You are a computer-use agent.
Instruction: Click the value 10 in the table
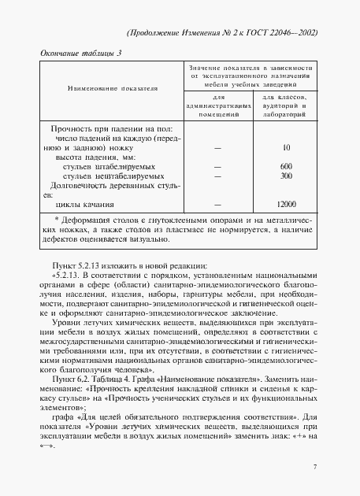click(286, 147)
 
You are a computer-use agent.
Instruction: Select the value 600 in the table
click(286, 166)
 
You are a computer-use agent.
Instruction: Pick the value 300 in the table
click(286, 176)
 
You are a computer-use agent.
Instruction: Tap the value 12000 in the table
click(286, 204)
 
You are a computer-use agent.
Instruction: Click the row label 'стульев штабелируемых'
click(109, 166)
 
